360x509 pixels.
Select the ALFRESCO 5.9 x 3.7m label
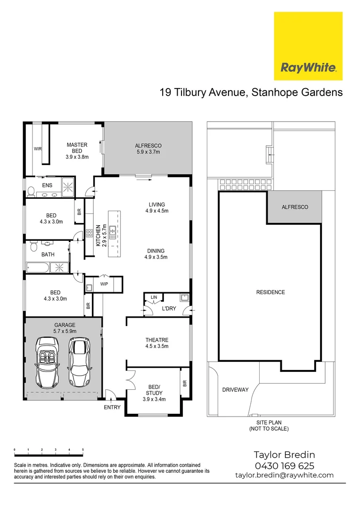(x=148, y=149)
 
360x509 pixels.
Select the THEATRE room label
(x=156, y=343)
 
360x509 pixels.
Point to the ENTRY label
(x=112, y=407)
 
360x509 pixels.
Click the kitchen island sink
(x=113, y=231)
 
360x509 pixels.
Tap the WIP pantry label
(x=104, y=284)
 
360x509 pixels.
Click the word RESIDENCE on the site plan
(x=270, y=292)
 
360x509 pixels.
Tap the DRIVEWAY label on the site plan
(x=235, y=390)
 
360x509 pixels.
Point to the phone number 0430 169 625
(x=284, y=466)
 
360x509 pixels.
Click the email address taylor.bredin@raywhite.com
(x=284, y=476)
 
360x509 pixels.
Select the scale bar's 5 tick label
(x=83, y=450)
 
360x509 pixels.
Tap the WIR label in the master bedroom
(x=38, y=149)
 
